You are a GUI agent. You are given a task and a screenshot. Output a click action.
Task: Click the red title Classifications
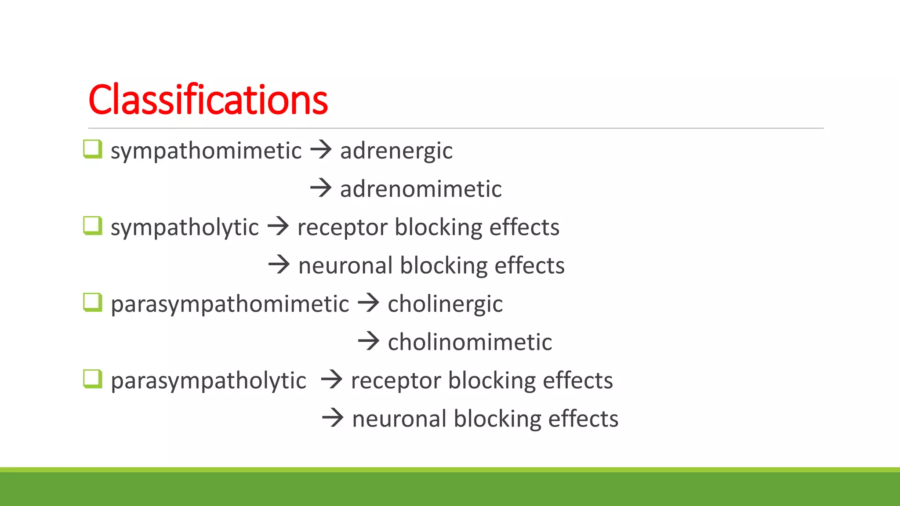(x=208, y=100)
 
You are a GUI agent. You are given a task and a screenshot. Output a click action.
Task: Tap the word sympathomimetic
(x=206, y=151)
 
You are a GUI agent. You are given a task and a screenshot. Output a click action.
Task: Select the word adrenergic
(x=396, y=151)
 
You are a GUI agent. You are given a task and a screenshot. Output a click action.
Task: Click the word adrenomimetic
(x=421, y=189)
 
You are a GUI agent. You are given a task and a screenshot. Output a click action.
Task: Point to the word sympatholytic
(x=185, y=228)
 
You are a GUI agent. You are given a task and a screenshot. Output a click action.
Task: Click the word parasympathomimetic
(x=230, y=304)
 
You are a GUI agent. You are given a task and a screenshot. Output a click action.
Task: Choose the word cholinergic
(x=445, y=304)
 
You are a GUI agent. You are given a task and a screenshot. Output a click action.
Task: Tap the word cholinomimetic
(x=469, y=342)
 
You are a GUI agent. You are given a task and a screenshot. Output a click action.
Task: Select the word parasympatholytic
(x=208, y=380)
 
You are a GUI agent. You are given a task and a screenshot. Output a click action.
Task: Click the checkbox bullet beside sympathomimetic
(x=93, y=149)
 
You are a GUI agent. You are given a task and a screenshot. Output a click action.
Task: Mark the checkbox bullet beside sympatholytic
(x=93, y=226)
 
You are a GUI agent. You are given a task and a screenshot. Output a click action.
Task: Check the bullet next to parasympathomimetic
(x=93, y=302)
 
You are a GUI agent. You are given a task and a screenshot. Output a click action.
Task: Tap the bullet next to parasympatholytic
(x=93, y=379)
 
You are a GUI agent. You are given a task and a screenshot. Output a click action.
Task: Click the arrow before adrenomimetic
(x=321, y=188)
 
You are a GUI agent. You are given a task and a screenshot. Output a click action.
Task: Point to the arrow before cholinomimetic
(x=368, y=341)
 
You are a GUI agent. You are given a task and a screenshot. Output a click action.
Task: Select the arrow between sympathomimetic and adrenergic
(x=321, y=150)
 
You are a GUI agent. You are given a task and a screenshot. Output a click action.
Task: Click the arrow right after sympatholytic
(x=278, y=226)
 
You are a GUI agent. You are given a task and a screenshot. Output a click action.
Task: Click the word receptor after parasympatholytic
(x=396, y=380)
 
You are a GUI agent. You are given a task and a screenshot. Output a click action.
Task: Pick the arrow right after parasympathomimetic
(x=368, y=303)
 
